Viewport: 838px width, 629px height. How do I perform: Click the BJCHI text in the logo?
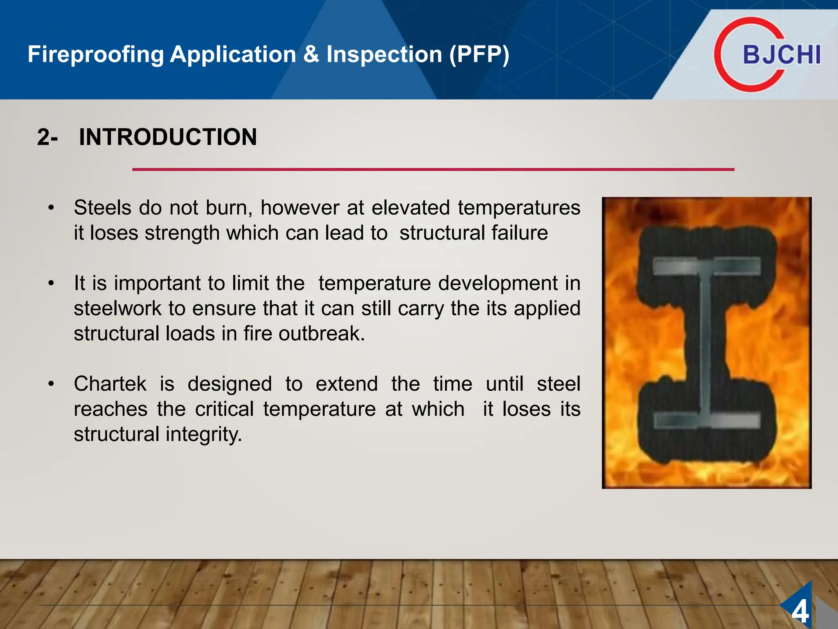tap(782, 55)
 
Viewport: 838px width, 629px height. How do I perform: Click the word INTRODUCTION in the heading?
tap(168, 137)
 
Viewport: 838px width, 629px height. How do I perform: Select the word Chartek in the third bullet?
tap(110, 384)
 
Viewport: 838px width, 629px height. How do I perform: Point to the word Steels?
tap(103, 208)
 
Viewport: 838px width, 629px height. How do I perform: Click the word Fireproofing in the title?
tap(95, 54)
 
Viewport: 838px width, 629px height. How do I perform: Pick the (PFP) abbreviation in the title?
tap(479, 54)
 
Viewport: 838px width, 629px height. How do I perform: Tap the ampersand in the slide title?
tap(311, 54)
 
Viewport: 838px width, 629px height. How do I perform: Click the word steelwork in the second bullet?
tap(117, 308)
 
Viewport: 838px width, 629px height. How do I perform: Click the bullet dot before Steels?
tap(51, 208)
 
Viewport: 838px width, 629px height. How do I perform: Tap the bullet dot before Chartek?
tap(51, 384)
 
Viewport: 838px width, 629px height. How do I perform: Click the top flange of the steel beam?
tap(707, 267)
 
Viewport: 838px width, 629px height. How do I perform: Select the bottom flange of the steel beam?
tap(707, 421)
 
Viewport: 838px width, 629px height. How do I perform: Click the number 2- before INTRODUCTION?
tap(47, 137)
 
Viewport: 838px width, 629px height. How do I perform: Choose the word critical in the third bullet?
tap(224, 409)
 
